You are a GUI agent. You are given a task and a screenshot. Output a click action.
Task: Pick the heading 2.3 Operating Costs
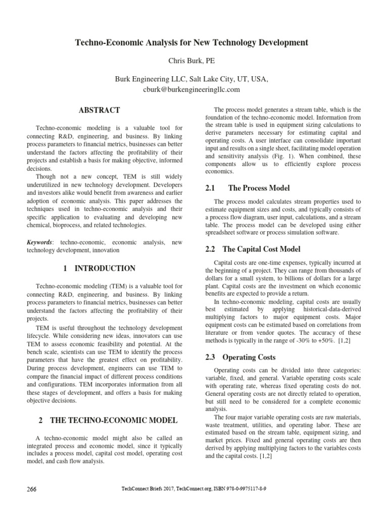[241, 357]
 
